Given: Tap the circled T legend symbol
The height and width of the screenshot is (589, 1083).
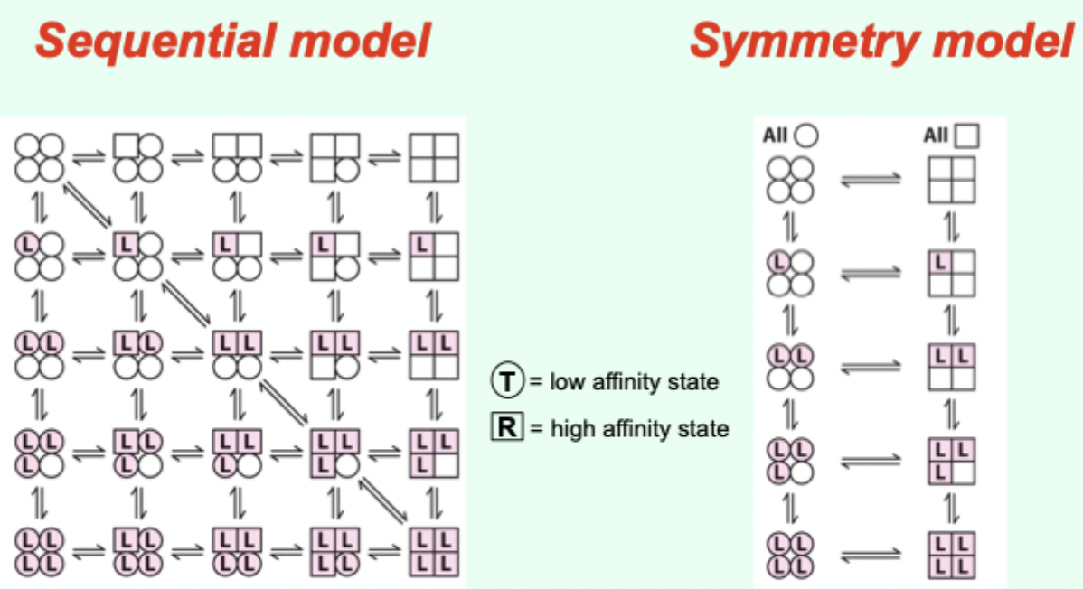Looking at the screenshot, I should [508, 382].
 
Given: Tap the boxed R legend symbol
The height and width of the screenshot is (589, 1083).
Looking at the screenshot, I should [507, 426].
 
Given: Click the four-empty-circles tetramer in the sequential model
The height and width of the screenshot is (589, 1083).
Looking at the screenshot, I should [39, 157].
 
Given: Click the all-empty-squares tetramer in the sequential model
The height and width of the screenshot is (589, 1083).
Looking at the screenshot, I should [434, 157].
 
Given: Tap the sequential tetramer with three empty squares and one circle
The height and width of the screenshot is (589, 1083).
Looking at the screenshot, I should [335, 157].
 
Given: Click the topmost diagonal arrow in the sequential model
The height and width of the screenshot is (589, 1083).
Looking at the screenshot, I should [89, 204].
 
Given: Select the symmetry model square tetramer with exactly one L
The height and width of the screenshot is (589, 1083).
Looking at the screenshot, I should [951, 273].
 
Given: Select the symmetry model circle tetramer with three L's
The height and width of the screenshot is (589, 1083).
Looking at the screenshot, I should [791, 461].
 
